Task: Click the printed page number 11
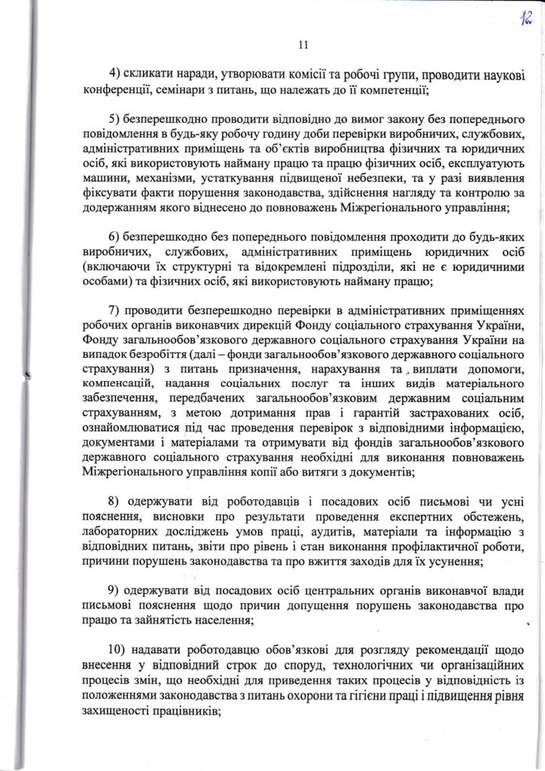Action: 303,45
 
